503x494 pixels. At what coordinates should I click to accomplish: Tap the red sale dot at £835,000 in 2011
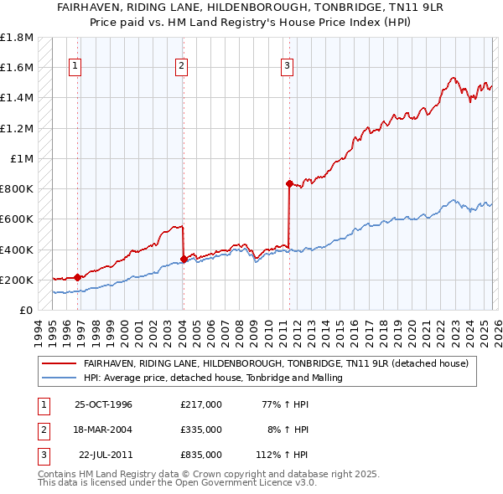[x=289, y=183]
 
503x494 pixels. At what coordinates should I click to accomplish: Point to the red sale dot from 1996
[x=77, y=277]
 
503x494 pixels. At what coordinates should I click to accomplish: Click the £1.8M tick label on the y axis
[x=17, y=38]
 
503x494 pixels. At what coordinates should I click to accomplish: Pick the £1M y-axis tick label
[x=22, y=159]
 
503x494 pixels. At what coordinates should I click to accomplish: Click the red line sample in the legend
[x=60, y=363]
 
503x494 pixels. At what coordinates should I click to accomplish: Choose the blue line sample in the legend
[x=60, y=378]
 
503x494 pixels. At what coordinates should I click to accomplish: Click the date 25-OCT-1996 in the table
[x=103, y=404]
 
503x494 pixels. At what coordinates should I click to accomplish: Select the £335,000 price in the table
[x=200, y=430]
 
